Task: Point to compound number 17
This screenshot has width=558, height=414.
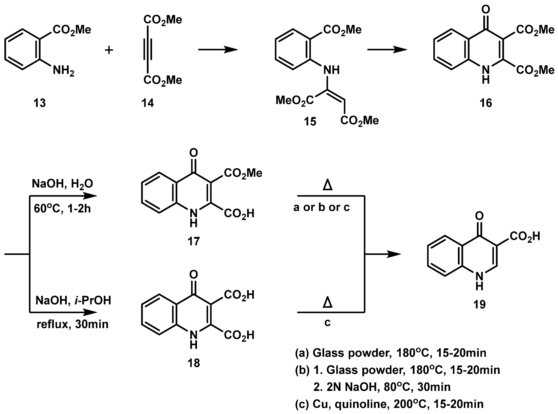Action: pos(193,241)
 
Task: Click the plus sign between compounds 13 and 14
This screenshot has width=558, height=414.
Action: pos(109,50)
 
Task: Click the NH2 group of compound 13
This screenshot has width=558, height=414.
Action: pos(63,71)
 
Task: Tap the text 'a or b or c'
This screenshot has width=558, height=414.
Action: pos(321,207)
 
